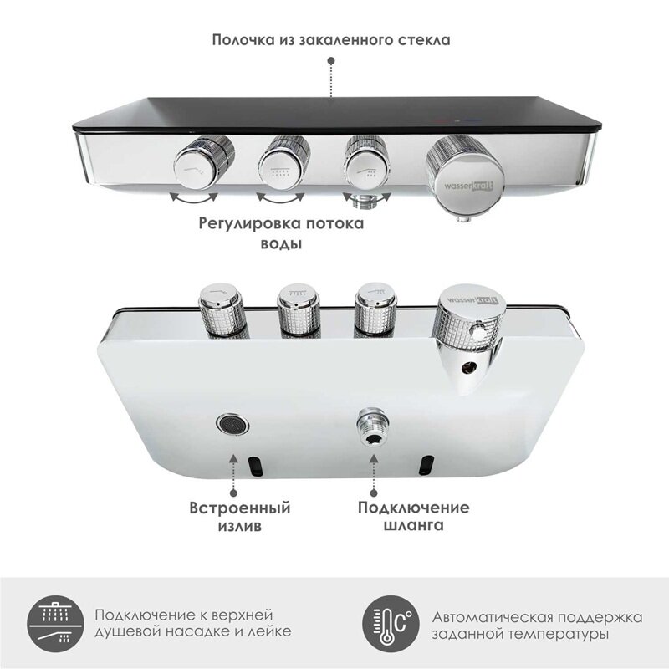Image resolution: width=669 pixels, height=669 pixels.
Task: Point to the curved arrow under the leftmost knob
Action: point(194,197)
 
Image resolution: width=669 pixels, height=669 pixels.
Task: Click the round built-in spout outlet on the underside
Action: point(232,424)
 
